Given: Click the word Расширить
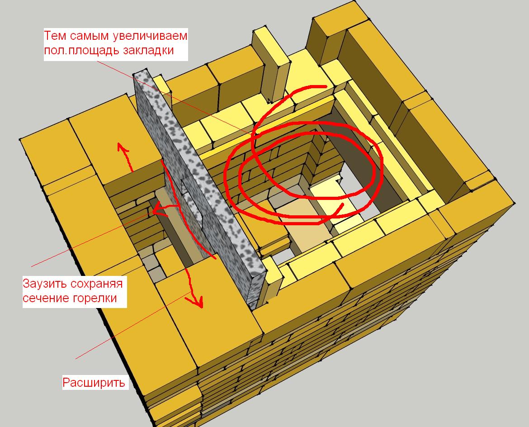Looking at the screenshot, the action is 94,382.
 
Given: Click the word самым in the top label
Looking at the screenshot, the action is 90,36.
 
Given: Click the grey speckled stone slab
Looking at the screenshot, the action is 199,189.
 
